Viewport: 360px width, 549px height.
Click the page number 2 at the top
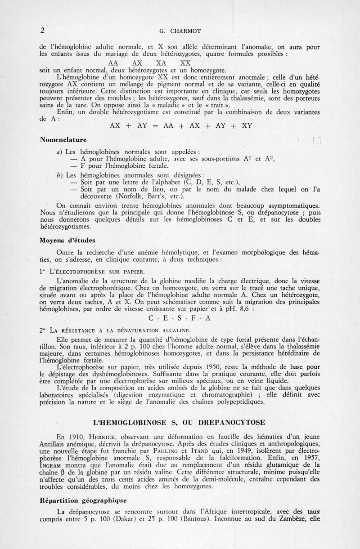pos(42,31)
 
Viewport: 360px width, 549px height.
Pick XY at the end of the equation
pos(247,126)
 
